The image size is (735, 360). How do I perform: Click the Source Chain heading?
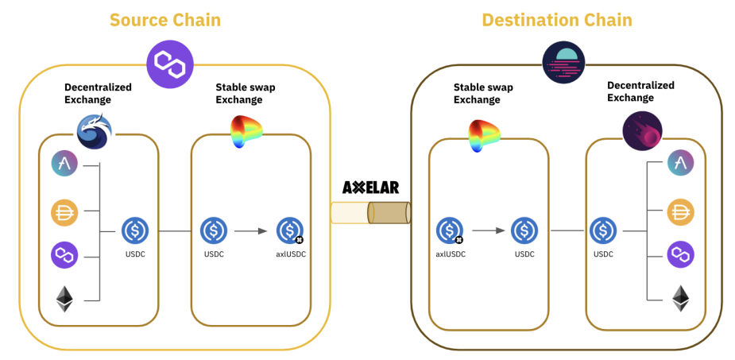click(165, 19)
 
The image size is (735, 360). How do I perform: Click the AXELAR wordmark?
click(370, 188)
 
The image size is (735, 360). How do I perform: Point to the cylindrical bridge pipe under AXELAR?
click(370, 213)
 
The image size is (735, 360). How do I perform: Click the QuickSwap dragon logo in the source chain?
click(95, 130)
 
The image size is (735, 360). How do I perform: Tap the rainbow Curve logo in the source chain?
click(246, 132)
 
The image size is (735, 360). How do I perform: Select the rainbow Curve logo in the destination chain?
click(484, 135)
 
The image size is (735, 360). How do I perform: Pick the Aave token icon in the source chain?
click(64, 165)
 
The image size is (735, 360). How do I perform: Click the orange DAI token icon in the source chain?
click(64, 211)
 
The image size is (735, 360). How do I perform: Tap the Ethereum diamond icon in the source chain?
click(64, 300)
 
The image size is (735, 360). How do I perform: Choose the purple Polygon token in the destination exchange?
click(680, 255)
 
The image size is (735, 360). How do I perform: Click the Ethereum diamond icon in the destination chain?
click(680, 299)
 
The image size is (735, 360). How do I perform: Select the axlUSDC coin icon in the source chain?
click(289, 230)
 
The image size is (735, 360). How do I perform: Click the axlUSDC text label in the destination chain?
click(450, 254)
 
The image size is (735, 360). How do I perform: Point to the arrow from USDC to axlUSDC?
click(250, 230)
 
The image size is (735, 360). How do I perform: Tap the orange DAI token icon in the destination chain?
click(680, 211)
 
